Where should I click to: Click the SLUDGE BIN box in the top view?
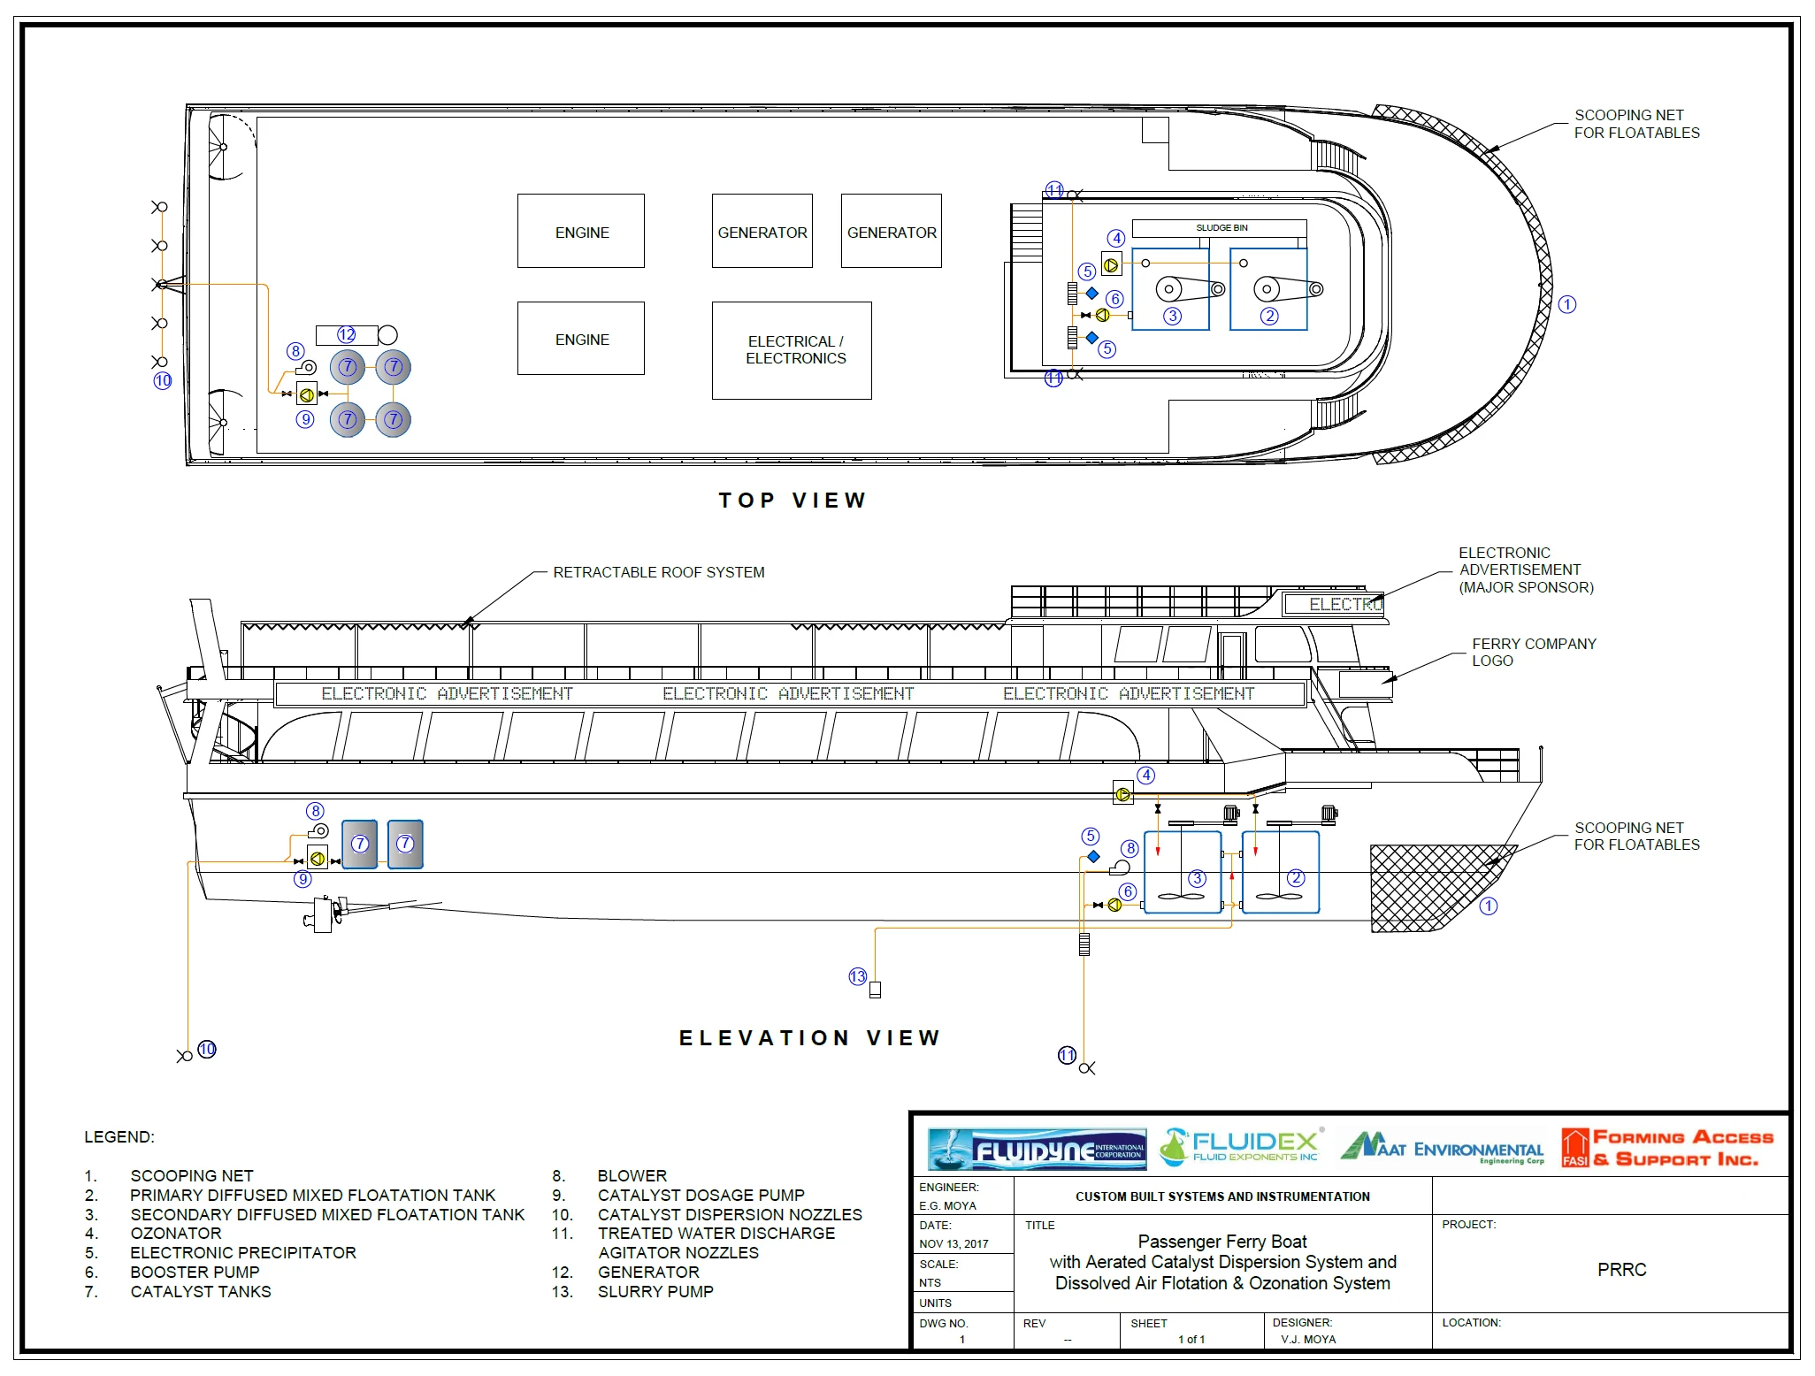coord(1220,228)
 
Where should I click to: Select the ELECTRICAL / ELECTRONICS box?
coord(792,350)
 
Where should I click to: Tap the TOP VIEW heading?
coord(792,501)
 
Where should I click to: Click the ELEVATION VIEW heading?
coord(809,1037)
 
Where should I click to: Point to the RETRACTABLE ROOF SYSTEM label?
coord(658,572)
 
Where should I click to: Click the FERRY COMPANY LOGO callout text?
coord(1533,652)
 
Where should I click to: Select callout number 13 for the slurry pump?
coord(857,976)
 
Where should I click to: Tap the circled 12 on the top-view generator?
coord(347,334)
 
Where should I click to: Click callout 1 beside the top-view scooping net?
coord(1567,304)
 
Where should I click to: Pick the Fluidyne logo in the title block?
coord(1037,1149)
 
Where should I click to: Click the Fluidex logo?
coord(1243,1147)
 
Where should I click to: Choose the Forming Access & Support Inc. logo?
coord(1667,1148)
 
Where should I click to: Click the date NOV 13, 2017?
coord(953,1243)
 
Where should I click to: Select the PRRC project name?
coord(1621,1269)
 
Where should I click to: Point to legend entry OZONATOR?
coord(176,1233)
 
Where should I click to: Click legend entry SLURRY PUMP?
coord(655,1291)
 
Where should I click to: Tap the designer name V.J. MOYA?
coord(1308,1339)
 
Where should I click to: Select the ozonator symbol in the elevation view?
coord(1122,794)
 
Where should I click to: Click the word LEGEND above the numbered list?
coord(119,1136)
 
